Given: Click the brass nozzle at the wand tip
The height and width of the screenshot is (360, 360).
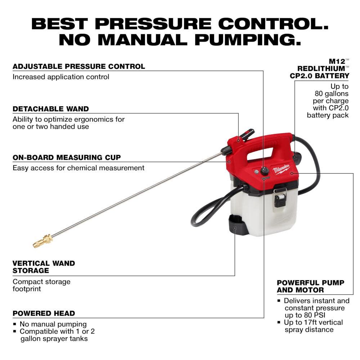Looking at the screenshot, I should click(x=42, y=241).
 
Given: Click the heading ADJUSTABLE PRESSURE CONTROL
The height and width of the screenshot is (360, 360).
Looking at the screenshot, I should click(x=79, y=66).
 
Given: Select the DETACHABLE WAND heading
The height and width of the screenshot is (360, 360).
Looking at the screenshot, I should click(x=50, y=109).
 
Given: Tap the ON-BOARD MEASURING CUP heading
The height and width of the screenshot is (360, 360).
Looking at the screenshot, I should click(x=67, y=157).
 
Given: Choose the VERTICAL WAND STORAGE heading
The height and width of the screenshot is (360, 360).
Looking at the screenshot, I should click(x=44, y=267).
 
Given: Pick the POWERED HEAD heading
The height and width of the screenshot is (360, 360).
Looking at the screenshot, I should click(x=44, y=313).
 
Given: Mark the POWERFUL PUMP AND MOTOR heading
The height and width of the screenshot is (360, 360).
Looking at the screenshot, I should click(x=310, y=286).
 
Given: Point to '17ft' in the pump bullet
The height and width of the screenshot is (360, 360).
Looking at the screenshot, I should click(x=315, y=322).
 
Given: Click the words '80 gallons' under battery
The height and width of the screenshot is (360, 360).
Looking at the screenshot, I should click(x=332, y=94).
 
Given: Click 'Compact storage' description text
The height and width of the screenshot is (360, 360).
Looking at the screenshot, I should click(x=41, y=282).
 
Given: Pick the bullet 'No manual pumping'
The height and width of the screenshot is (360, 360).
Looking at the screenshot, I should click(x=53, y=324).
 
